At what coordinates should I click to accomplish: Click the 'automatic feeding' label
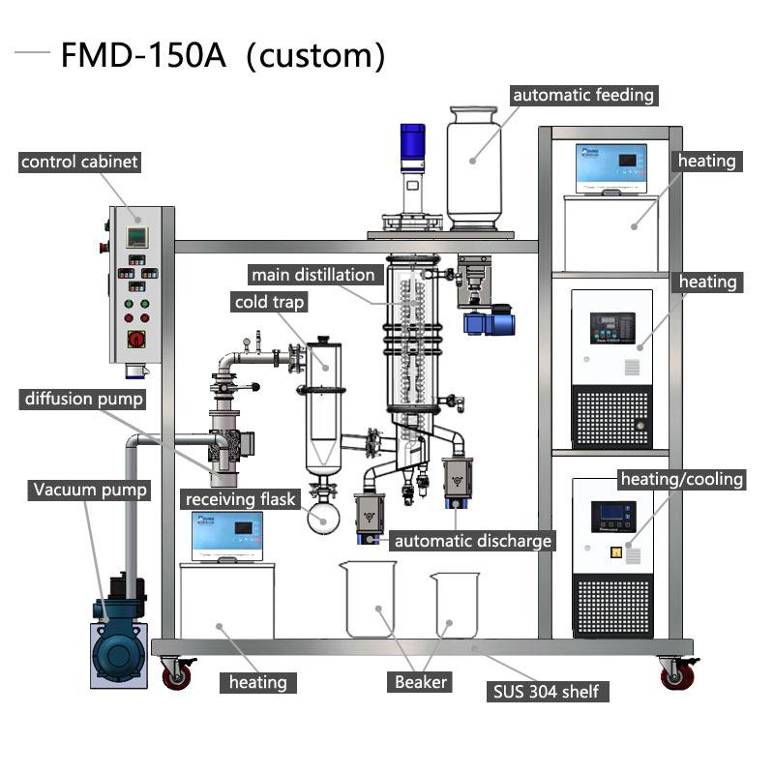point(583,95)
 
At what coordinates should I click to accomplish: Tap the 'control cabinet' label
point(79,162)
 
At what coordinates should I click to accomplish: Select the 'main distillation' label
point(313,275)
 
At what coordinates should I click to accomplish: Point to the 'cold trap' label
point(269,303)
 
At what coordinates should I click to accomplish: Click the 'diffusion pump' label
point(84,399)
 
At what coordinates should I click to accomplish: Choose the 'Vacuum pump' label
point(90,490)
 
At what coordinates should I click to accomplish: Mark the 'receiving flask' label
point(243,499)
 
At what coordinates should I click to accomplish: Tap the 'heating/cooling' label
point(682,479)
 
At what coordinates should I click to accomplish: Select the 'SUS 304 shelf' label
point(548,691)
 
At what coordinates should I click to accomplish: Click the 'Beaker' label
point(421,682)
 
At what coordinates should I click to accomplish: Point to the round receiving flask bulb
point(323,517)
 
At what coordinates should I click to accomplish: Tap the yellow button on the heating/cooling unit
point(613,553)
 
